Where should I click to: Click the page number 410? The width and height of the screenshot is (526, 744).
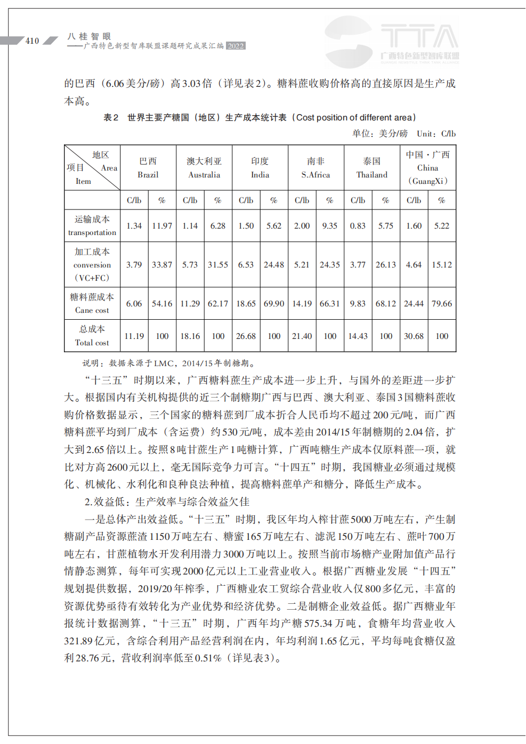(x=32, y=41)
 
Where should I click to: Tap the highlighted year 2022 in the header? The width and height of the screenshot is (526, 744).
(x=236, y=46)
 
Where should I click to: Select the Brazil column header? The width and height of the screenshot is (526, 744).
(x=148, y=168)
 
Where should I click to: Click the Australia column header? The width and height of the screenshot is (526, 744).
(x=204, y=168)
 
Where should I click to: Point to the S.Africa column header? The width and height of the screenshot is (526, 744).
(x=315, y=168)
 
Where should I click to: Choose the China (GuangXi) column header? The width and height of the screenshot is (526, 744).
(x=428, y=168)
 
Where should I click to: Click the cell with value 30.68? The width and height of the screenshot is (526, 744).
(x=414, y=336)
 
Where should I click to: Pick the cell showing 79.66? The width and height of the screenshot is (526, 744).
(x=442, y=304)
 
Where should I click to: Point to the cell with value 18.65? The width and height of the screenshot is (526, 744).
(x=246, y=304)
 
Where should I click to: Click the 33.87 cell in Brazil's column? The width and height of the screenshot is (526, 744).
(x=162, y=264)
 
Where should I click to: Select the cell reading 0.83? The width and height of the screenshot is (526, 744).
(x=358, y=226)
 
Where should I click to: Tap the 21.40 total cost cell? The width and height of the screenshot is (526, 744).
(x=302, y=336)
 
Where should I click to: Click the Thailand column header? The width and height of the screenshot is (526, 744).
(x=372, y=168)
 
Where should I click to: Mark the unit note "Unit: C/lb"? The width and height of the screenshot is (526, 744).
(x=436, y=134)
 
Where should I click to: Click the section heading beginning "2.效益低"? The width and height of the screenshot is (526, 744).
(x=167, y=502)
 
